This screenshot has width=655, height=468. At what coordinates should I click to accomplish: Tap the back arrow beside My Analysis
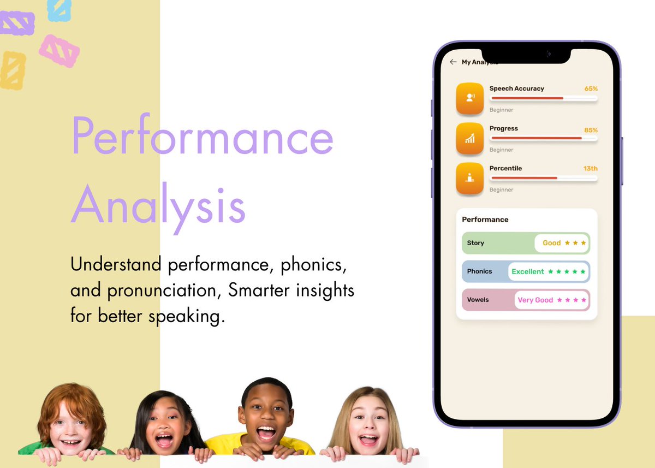(x=452, y=62)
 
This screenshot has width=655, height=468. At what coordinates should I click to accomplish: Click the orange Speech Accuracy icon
(x=469, y=98)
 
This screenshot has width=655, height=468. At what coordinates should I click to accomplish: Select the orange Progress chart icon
(x=469, y=138)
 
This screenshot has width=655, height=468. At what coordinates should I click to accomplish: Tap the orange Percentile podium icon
(x=469, y=177)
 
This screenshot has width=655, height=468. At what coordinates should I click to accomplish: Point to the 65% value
(x=591, y=88)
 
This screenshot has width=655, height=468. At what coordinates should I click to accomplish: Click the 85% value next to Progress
(x=591, y=131)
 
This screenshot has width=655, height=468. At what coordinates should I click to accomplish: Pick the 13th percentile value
(x=590, y=169)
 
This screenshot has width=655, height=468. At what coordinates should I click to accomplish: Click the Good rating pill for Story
(x=561, y=243)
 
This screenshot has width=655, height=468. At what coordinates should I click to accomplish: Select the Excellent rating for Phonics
(x=548, y=271)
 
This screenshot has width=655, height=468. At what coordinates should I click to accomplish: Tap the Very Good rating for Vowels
(x=551, y=300)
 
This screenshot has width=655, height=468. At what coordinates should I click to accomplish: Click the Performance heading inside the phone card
(x=485, y=220)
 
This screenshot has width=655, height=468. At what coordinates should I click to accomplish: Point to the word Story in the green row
(x=475, y=243)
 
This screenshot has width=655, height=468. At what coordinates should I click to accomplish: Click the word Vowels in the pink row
(x=478, y=300)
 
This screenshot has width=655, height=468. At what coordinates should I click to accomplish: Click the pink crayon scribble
(x=59, y=51)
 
